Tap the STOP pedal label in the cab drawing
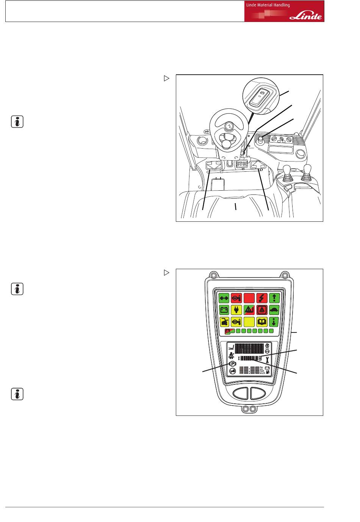pos(242,164)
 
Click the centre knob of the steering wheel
pos(229,126)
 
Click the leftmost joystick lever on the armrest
pos(287,170)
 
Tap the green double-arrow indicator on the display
pos(224,298)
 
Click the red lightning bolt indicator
pos(261,298)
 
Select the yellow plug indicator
pos(236,310)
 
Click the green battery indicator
pos(224,310)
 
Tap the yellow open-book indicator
pos(261,322)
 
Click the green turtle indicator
pos(274,310)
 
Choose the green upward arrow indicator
pos(274,298)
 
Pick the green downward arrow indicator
pos(274,322)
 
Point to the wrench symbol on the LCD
pos(267,358)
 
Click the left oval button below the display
pos(240,393)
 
